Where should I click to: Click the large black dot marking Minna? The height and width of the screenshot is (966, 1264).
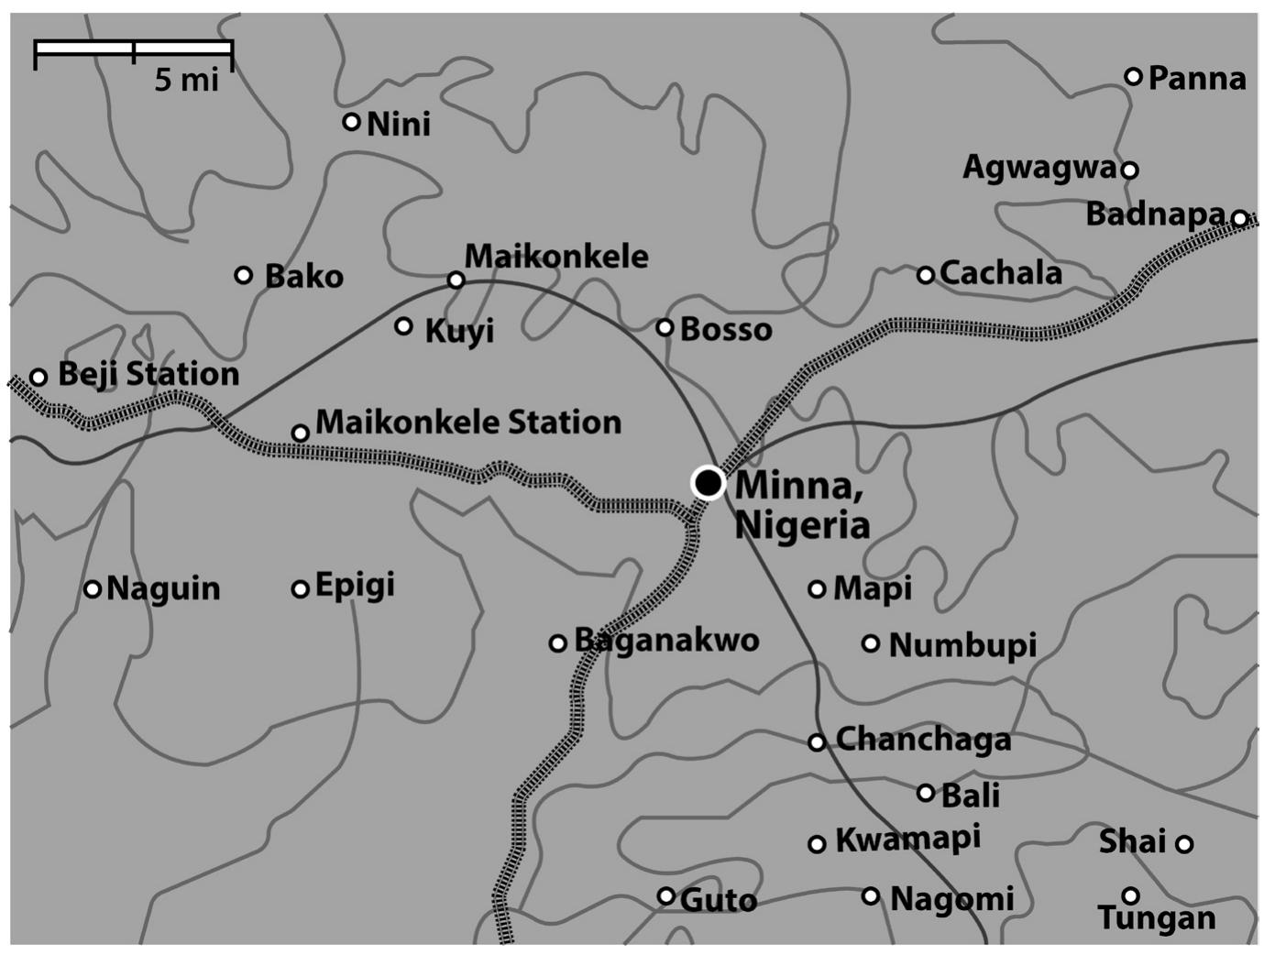point(708,482)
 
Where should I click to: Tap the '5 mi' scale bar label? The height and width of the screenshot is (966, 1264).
point(186,80)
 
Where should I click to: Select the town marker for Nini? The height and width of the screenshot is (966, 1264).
point(351,121)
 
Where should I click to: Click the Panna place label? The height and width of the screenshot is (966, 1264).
point(1196,79)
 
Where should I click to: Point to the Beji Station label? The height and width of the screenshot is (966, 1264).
point(148,374)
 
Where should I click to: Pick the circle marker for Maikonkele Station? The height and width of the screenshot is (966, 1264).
point(300,433)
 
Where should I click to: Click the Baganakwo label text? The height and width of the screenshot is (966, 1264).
point(666,640)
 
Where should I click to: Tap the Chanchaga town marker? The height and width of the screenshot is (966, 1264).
point(817,742)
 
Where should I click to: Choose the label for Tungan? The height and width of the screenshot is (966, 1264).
point(1157,917)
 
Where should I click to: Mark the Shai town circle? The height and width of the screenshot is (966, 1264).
point(1184,844)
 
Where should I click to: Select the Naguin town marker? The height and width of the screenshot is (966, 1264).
point(93,589)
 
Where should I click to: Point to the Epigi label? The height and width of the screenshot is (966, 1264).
point(355,585)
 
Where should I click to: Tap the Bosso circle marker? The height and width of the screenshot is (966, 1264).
point(665,327)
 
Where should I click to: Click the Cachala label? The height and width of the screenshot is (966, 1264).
point(1001,273)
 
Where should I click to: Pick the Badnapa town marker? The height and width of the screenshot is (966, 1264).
point(1239,219)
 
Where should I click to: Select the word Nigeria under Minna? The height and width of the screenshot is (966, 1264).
point(802,525)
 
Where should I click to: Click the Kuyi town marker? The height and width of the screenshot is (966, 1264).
point(403,325)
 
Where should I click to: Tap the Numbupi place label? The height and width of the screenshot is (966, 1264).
point(962,644)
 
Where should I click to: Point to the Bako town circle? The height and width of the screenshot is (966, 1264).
point(244,275)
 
